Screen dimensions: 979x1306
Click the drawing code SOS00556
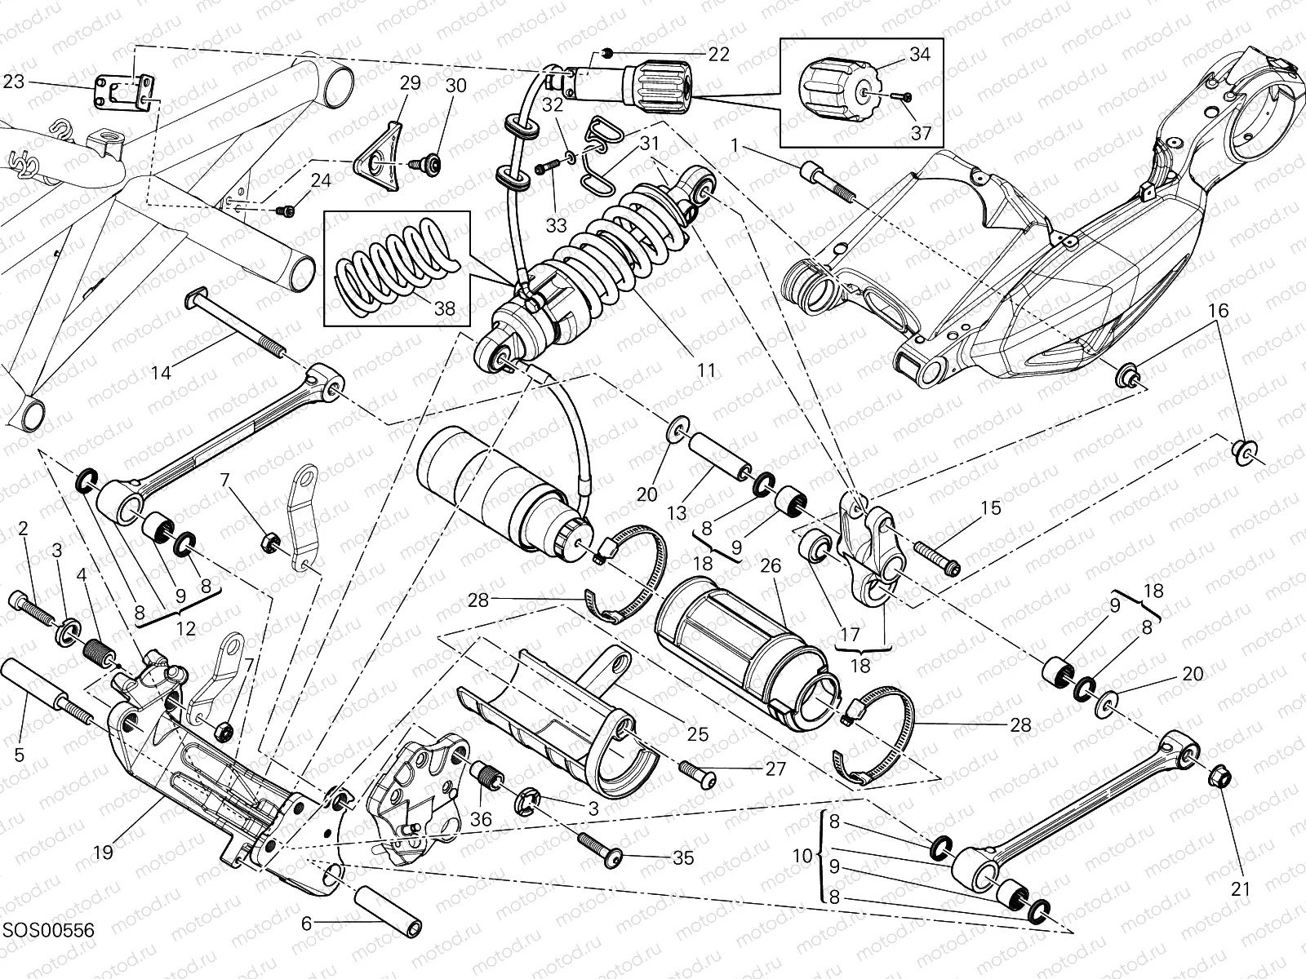[x=47, y=930]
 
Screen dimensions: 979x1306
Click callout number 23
[x=14, y=81]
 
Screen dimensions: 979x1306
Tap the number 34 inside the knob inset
[x=919, y=55]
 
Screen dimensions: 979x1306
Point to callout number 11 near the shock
[x=706, y=370]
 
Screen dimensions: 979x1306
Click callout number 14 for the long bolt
[x=162, y=373]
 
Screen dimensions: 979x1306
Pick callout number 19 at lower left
[x=103, y=853]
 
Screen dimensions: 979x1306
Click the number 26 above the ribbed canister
[x=771, y=565]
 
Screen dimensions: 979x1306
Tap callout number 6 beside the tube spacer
[x=307, y=924]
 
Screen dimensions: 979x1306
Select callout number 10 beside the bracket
[x=803, y=856]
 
